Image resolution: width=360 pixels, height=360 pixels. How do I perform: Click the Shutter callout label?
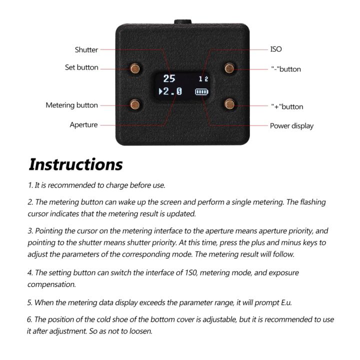coord(86,49)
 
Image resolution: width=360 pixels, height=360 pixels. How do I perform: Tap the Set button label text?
coord(81,67)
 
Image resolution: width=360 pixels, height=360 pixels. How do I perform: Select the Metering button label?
coord(72,105)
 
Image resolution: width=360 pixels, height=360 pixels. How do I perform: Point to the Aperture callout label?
coord(83,125)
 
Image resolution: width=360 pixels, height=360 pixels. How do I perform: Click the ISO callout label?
coord(276,49)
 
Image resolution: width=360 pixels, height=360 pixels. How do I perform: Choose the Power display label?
coord(291,126)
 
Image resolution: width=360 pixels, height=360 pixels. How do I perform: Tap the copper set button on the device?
coord(135,67)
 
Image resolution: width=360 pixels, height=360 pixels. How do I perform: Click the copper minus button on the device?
coord(229,67)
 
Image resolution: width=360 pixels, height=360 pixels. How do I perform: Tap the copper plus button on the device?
coord(229,104)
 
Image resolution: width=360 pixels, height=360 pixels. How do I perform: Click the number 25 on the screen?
coord(169,78)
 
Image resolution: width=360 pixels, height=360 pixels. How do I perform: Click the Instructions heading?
coord(75,164)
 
